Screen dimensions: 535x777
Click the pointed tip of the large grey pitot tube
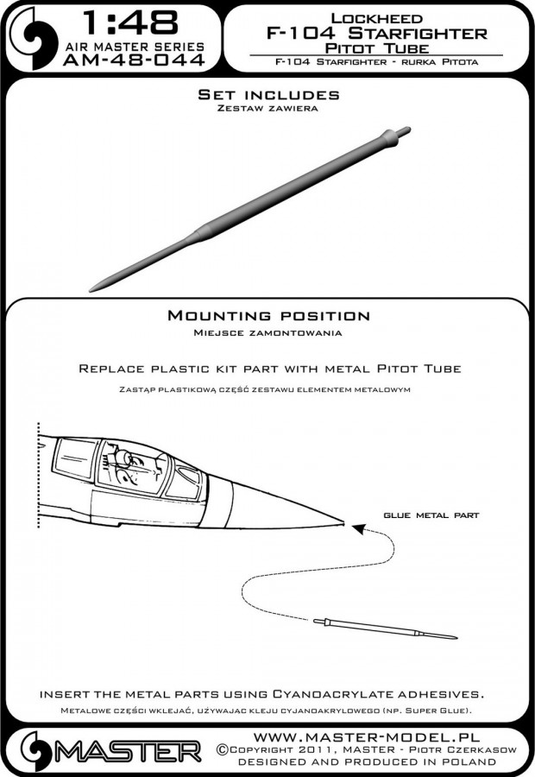[x=90, y=290]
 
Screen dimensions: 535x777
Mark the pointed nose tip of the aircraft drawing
[x=343, y=521]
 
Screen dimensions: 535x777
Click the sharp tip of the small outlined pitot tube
[x=456, y=638]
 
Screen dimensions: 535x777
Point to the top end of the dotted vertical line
[x=39, y=424]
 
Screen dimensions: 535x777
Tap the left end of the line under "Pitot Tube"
[x=249, y=55]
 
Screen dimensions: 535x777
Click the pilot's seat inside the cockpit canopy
[x=124, y=458]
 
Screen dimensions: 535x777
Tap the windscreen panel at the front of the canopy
[x=184, y=481]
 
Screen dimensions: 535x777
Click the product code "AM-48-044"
[x=134, y=60]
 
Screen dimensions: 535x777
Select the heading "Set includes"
[x=268, y=95]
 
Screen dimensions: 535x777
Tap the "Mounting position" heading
[x=268, y=316]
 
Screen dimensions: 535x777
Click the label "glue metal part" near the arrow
[x=431, y=515]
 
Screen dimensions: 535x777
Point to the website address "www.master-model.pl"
[x=367, y=736]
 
